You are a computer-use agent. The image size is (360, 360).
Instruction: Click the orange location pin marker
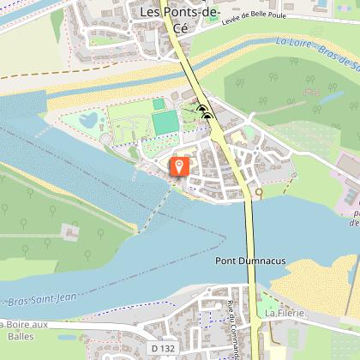(180, 165)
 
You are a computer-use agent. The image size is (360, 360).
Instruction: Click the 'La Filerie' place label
(283, 313)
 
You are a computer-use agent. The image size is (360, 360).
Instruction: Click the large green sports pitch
(163, 123)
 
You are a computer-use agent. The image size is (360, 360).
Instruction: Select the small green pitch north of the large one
(159, 104)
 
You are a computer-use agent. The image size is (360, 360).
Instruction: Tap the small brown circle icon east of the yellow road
(259, 194)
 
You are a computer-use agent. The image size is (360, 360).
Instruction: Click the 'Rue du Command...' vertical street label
(232, 326)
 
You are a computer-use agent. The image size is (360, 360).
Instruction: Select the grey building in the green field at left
(69, 231)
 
